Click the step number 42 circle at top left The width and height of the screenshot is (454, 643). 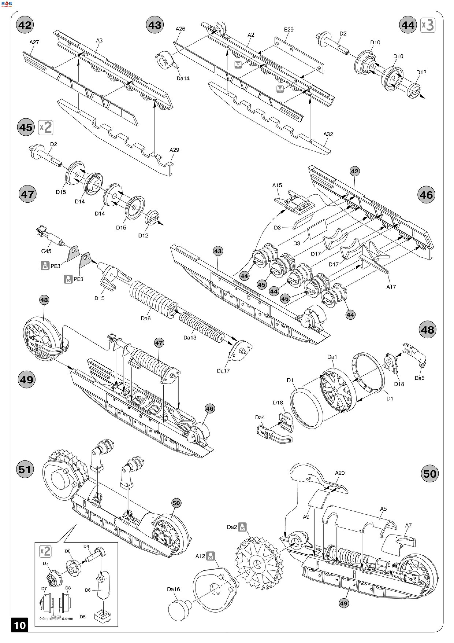(25, 25)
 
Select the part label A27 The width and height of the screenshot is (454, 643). (34, 42)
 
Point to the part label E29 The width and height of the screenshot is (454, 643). (289, 29)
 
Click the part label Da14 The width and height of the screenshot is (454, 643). (183, 78)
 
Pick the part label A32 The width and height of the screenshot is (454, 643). (328, 134)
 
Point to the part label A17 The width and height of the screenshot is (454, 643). (391, 287)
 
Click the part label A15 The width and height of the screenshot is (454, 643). (277, 185)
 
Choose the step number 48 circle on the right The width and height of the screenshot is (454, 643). (427, 330)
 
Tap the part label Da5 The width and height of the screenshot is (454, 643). (419, 378)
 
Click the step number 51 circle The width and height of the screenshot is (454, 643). (25, 469)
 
